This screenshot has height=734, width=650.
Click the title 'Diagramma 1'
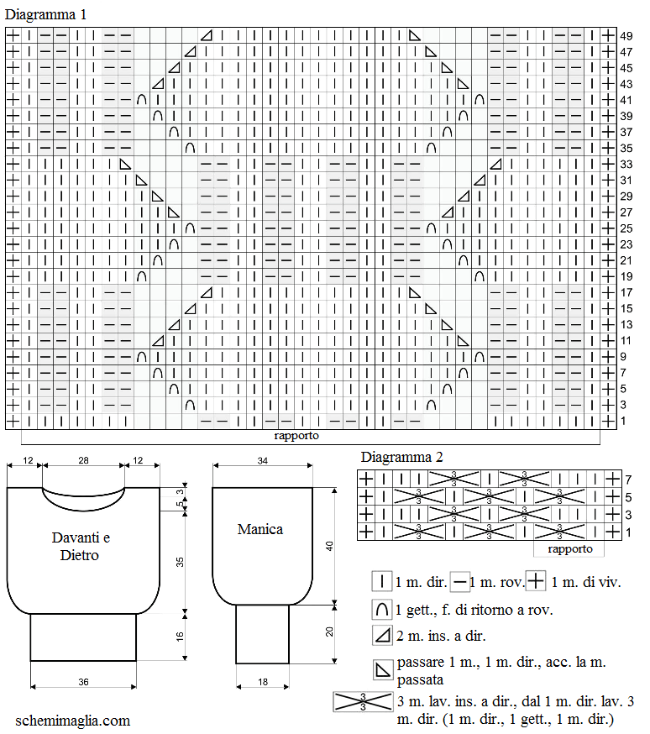pos(45,14)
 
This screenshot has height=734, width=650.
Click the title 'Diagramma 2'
pos(401,457)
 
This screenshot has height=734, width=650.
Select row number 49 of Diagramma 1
pos(626,36)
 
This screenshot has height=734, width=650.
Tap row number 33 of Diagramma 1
pos(626,165)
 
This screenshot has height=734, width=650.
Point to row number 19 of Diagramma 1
pos(626,276)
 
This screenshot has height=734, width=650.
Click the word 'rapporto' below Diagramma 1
pos(296,436)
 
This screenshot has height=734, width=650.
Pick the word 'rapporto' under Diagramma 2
pos(570,549)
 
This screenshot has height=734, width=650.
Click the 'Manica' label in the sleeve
pos(259,529)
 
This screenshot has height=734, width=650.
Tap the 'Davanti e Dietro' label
pos(81,546)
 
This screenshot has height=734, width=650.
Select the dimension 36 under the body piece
pos(83,682)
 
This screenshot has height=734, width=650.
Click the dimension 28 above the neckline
pos(83,460)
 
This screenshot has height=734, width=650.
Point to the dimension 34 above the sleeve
pos(263,461)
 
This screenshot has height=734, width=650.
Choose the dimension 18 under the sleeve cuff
pos(263,682)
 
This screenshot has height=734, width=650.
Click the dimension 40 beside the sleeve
pos(329,546)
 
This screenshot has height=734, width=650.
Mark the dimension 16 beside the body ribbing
pos(180,637)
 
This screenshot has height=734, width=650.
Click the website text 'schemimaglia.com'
pos(72,721)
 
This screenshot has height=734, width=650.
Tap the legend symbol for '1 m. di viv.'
pos(535,582)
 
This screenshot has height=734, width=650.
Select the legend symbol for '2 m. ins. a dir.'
pos(382,636)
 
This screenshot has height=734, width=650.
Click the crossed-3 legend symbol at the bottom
pos(363,702)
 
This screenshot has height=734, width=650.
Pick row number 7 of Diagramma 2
pos(628,480)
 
